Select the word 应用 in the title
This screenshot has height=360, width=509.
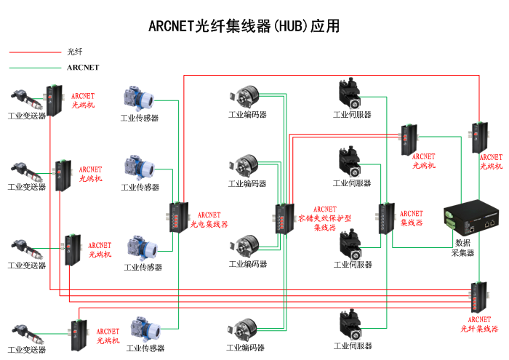[x=324, y=26]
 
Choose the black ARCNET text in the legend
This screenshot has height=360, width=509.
[x=83, y=68]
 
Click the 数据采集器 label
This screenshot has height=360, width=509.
[x=463, y=248]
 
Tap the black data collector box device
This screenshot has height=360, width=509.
[x=472, y=215]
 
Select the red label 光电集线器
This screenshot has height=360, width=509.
[x=209, y=220]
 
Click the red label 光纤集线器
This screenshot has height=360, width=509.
[x=479, y=324]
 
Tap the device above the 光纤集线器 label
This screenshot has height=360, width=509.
[x=478, y=296]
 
